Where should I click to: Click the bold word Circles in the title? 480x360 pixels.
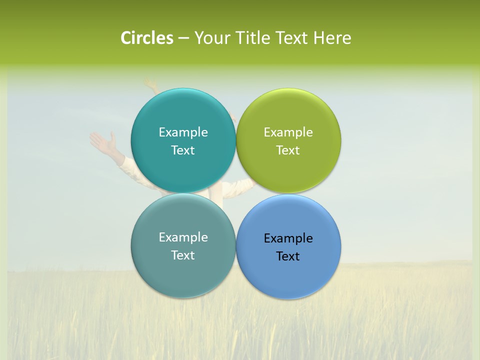click(147, 38)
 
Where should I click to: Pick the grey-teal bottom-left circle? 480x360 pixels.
click(183, 270)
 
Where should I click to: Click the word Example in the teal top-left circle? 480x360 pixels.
click(183, 132)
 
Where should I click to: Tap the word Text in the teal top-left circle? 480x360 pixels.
click(183, 150)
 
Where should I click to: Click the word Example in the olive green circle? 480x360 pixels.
click(288, 132)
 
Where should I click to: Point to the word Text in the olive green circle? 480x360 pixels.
click(288, 150)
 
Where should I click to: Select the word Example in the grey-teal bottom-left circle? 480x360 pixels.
click(183, 237)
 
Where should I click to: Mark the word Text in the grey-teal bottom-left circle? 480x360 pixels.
click(183, 255)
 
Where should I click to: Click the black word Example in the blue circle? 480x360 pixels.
click(288, 238)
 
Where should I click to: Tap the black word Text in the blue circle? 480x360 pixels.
click(288, 256)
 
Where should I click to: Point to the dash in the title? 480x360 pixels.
click(183, 38)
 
